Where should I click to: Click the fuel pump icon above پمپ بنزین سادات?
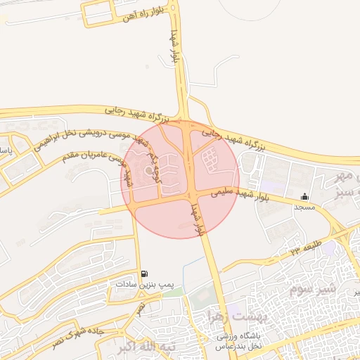[144, 274]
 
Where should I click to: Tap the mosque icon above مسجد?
[304, 196]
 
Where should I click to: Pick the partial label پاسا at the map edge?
[4, 152]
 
